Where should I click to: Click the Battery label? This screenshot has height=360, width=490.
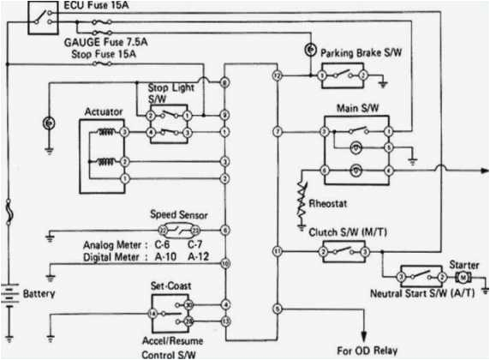(39, 294)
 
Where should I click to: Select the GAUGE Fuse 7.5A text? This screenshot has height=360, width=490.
(105, 40)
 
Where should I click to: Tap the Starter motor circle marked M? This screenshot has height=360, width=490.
(463, 279)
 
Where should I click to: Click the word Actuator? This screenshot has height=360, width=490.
(103, 111)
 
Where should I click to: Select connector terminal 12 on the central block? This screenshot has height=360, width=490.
(277, 76)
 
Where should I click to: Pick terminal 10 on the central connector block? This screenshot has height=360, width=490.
(224, 264)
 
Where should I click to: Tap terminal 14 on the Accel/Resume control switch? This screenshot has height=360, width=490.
(153, 315)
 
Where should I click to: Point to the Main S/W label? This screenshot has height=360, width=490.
(353, 109)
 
